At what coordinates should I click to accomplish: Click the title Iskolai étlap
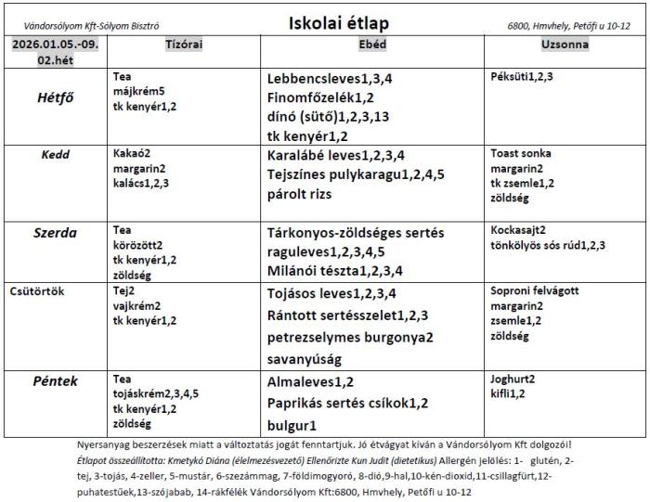pyautogui.click(x=338, y=23)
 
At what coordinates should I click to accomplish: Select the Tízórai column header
pyautogui.click(x=184, y=45)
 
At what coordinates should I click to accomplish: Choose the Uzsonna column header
pyautogui.click(x=565, y=45)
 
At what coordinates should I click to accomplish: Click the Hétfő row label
pyautogui.click(x=56, y=97)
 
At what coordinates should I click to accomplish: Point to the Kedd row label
pyautogui.click(x=56, y=155)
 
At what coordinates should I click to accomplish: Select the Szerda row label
pyautogui.click(x=56, y=231)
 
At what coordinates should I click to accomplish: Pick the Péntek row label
pyautogui.click(x=56, y=381)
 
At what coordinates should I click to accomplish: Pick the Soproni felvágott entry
pyautogui.click(x=534, y=290)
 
